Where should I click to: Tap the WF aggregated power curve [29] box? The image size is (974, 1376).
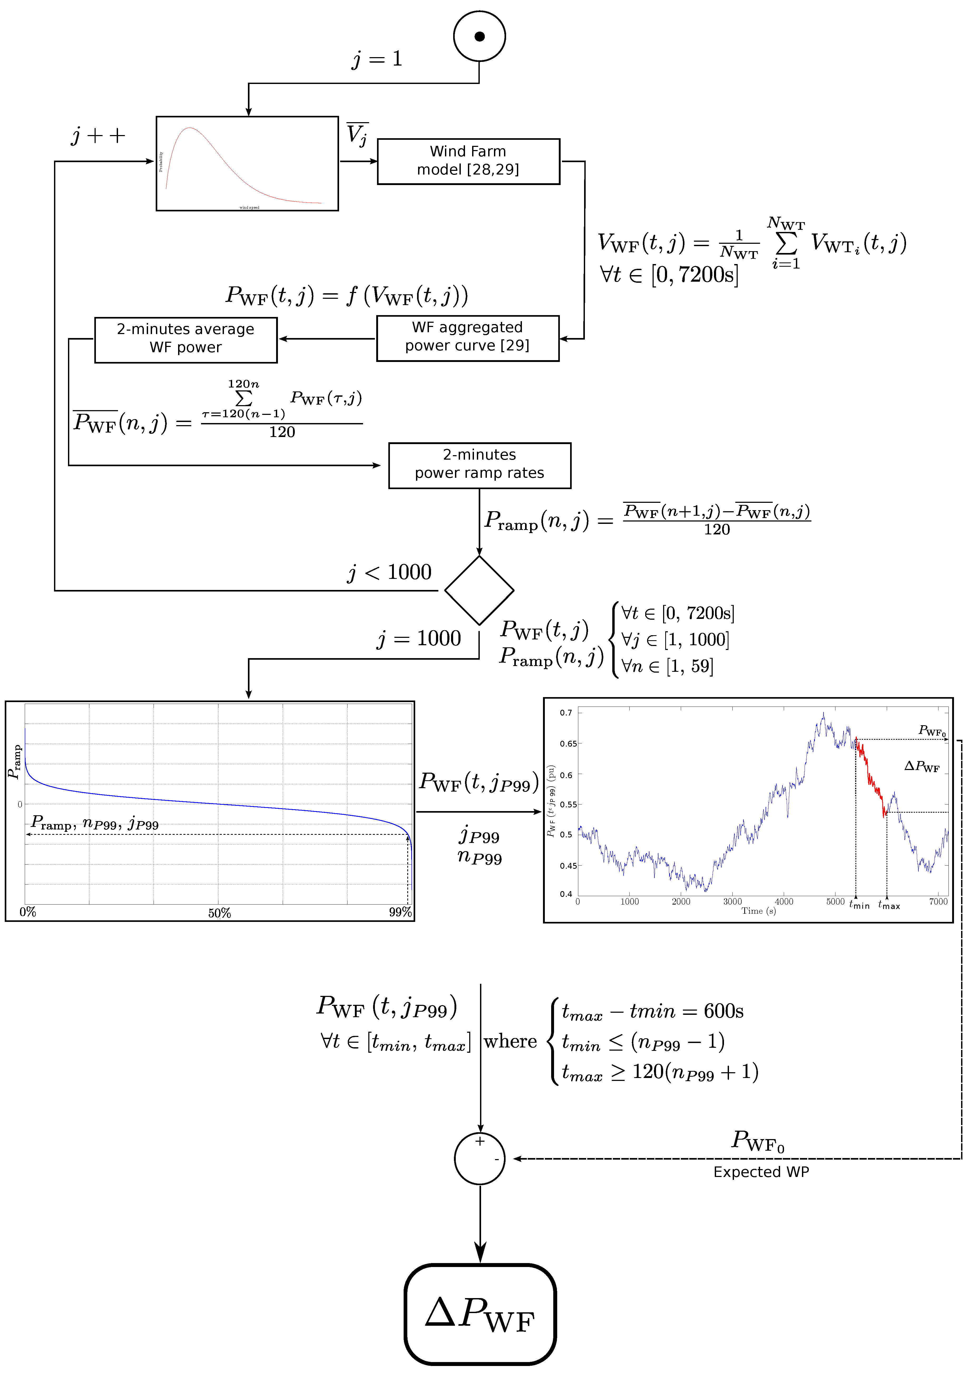tap(468, 338)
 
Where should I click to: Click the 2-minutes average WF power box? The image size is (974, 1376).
tap(186, 340)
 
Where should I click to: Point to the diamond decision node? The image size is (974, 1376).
tap(479, 590)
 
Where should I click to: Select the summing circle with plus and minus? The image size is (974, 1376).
tap(480, 1159)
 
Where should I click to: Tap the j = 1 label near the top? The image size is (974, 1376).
tap(377, 59)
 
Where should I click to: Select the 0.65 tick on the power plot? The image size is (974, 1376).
tap(568, 744)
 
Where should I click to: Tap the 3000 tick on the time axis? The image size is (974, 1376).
tap(732, 901)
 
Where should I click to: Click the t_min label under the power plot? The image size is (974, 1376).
tap(859, 904)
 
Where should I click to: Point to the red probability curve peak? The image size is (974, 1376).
tap(189, 128)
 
